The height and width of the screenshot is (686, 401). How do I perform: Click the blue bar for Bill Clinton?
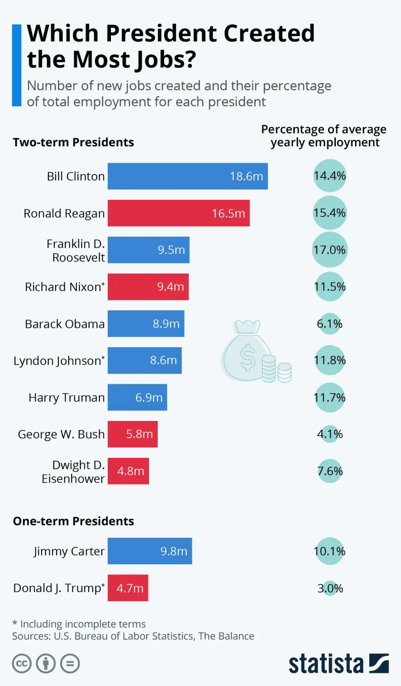(x=188, y=176)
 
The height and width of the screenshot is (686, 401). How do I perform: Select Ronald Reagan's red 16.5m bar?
(x=178, y=213)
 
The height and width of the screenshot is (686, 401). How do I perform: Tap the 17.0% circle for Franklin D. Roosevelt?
(x=329, y=250)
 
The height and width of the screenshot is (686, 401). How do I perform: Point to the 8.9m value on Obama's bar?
(x=166, y=324)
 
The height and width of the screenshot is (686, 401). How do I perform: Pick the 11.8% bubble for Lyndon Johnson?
(x=329, y=360)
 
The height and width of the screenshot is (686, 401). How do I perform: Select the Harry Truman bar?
(x=137, y=397)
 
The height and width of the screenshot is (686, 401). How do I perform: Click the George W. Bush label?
(x=61, y=434)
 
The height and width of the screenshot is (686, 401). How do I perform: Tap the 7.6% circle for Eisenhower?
(x=330, y=471)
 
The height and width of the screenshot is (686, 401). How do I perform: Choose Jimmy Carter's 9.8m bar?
(x=150, y=551)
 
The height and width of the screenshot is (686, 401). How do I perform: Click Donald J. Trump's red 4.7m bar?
(x=128, y=588)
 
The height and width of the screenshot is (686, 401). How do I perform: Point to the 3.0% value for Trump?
(x=330, y=588)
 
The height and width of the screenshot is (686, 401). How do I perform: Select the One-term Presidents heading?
(x=73, y=521)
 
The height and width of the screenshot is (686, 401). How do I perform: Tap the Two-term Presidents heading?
(x=73, y=142)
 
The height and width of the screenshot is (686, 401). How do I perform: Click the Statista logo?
(x=338, y=664)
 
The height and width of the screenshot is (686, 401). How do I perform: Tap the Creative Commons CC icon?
(x=21, y=664)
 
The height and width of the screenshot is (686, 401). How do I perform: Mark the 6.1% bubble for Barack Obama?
(x=329, y=324)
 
